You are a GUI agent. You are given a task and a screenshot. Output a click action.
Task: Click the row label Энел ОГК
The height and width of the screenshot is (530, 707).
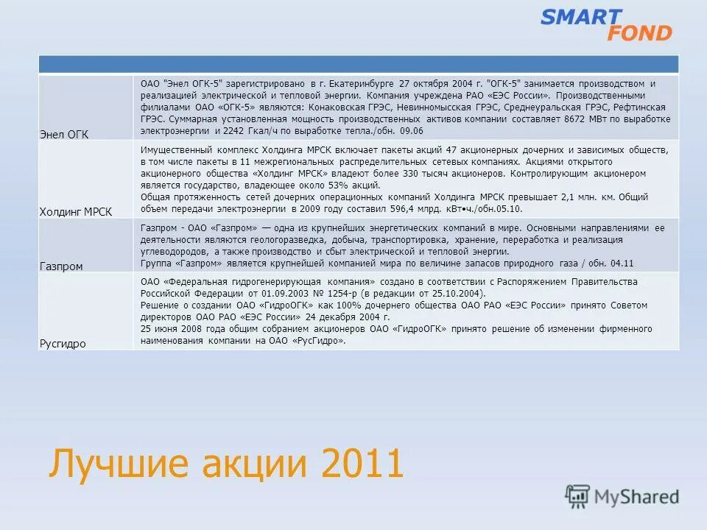63,133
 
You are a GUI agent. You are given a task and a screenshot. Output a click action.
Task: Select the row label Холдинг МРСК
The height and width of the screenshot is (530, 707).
76,211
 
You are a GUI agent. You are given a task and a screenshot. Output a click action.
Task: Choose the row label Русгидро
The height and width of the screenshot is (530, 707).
62,343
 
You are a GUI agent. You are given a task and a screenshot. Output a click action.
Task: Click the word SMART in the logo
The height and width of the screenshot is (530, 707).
582,17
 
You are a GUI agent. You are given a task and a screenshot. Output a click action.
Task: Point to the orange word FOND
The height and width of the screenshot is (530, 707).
639,33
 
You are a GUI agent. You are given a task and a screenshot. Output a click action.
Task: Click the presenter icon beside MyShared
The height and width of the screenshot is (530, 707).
577,496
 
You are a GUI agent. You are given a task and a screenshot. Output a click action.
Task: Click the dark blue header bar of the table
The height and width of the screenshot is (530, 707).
358,65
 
